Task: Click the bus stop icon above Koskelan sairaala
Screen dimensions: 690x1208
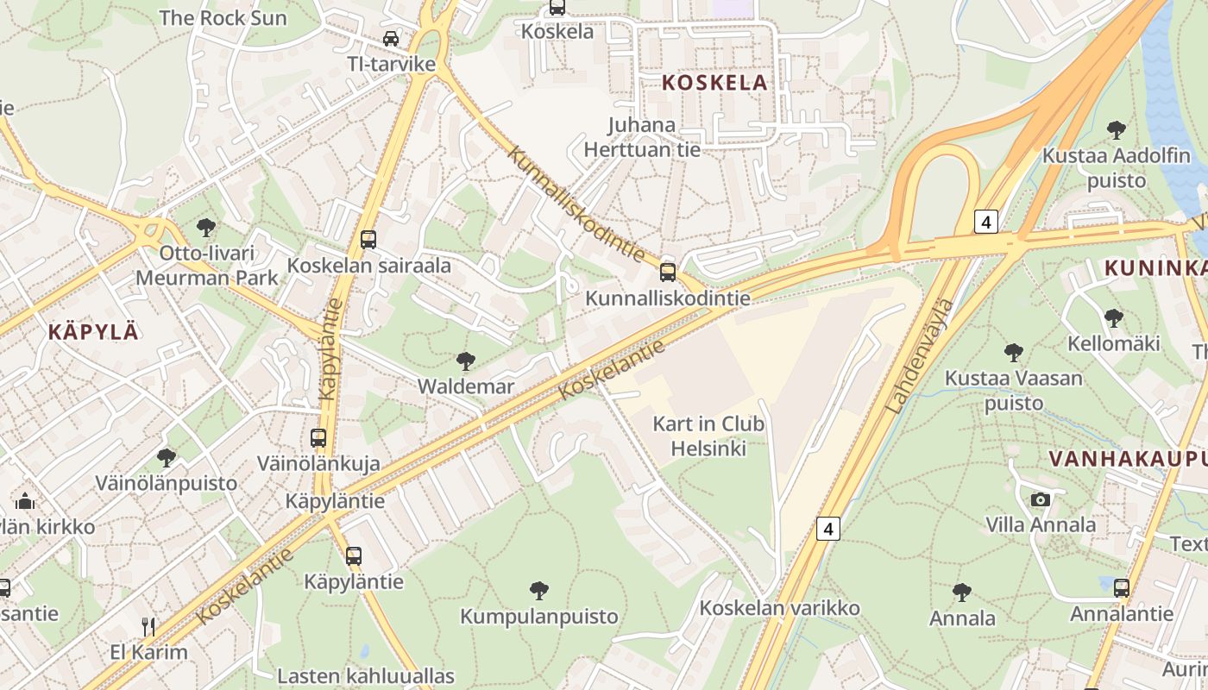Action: tap(368, 239)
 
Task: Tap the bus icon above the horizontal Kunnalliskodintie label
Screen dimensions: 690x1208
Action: tap(667, 273)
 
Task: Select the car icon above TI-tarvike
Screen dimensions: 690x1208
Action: tap(391, 39)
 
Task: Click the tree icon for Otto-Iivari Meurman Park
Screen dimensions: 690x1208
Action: tap(205, 228)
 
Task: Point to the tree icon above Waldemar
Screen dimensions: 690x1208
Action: tap(465, 361)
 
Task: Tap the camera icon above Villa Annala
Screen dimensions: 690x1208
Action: tap(1041, 499)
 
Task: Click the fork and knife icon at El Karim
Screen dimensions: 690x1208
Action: tap(148, 625)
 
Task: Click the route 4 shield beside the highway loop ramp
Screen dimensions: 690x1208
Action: tap(986, 222)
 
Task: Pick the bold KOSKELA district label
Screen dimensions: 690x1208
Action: tap(714, 83)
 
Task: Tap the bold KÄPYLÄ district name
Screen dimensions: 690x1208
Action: tap(93, 331)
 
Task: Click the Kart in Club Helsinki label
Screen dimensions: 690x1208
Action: tap(708, 436)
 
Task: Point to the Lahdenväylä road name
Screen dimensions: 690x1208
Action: tap(921, 355)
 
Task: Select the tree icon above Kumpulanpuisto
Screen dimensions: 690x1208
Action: tap(539, 591)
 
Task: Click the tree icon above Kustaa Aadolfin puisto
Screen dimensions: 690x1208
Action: tap(1116, 130)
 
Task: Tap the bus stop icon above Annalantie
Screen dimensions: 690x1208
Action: tap(1121, 588)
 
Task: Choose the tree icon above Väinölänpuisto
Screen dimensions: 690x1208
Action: tap(166, 457)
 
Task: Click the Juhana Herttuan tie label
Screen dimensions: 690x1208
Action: tap(642, 137)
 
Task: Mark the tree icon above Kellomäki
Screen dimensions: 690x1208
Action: tap(1113, 317)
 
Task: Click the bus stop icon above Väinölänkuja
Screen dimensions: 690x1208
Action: tap(318, 437)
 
